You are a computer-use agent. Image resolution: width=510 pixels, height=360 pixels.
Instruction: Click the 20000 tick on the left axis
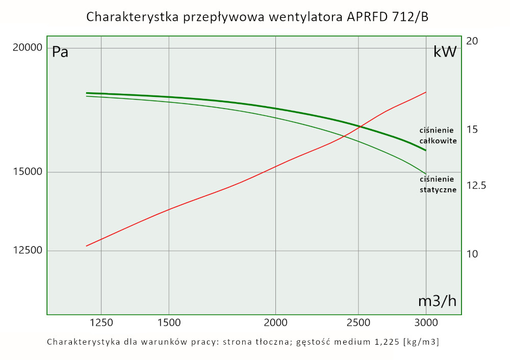click(28, 48)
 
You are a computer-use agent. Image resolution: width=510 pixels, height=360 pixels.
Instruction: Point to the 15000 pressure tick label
click(28, 172)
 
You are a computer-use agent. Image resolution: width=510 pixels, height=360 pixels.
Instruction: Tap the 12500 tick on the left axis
click(28, 250)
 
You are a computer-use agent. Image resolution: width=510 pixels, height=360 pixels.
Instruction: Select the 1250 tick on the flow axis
click(101, 322)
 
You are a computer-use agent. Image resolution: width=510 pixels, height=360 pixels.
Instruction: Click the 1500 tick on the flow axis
click(169, 322)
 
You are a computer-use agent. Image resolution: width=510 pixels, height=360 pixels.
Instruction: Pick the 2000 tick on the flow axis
click(275, 322)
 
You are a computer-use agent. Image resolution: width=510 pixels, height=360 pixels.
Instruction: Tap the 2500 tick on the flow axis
click(359, 322)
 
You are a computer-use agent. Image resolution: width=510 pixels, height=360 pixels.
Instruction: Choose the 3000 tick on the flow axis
click(426, 322)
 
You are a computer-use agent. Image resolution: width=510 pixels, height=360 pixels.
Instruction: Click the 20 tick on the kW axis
click(472, 41)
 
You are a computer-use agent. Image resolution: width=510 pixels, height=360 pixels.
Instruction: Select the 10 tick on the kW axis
click(472, 253)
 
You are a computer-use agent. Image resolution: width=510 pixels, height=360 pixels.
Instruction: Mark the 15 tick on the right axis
click(472, 130)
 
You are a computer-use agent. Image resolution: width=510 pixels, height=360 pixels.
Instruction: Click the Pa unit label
click(60, 52)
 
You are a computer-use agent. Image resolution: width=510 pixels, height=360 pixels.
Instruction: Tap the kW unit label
click(445, 52)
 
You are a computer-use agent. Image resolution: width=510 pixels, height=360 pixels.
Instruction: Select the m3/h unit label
click(437, 301)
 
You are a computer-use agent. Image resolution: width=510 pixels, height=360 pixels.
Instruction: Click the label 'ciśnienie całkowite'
click(437, 135)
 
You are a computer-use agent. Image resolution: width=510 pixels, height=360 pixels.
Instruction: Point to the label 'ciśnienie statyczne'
click(437, 184)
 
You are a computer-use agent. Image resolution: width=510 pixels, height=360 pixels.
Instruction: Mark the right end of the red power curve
click(426, 92)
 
